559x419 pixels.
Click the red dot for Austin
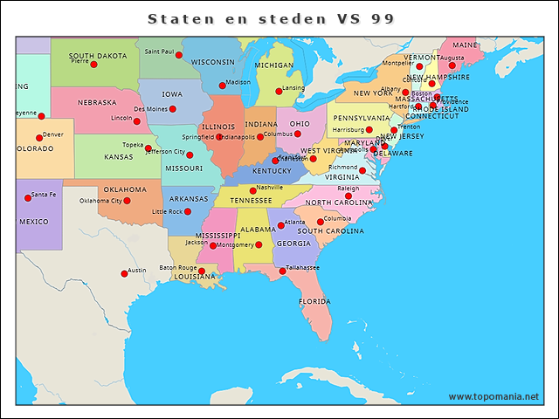pos(124,274)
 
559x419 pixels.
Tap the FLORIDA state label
pos(314,301)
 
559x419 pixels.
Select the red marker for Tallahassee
pos(282,271)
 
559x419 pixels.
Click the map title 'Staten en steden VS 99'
pos(271,18)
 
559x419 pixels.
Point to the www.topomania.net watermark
pos(493,396)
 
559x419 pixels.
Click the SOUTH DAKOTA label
pos(98,55)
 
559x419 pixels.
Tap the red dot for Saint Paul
pos(179,55)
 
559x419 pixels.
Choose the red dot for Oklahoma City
pos(127,201)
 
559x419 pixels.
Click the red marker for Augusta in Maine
pos(452,65)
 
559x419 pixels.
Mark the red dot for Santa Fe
pos(27,198)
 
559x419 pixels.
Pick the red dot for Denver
pos(38,138)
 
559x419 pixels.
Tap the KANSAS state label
pos(119,157)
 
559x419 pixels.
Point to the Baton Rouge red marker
pos(202,271)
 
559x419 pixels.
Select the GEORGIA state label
pos(293,244)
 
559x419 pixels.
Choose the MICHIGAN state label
pos(274,65)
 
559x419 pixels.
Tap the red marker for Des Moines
pos(173,109)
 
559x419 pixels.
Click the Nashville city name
pos(269,188)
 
